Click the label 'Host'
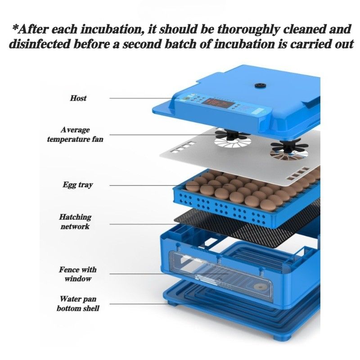[x=78, y=98]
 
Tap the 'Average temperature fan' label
[x=75, y=135]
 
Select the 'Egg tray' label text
[x=78, y=185]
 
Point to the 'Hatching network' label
[x=75, y=222]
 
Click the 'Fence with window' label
[x=77, y=274]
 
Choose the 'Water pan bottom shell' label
[x=78, y=303]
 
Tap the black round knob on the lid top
[x=261, y=86]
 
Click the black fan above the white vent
[x=232, y=135]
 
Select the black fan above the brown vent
[x=289, y=147]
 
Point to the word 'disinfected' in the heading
[x=39, y=44]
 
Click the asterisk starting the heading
[x=15, y=28]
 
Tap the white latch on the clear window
[x=206, y=277]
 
